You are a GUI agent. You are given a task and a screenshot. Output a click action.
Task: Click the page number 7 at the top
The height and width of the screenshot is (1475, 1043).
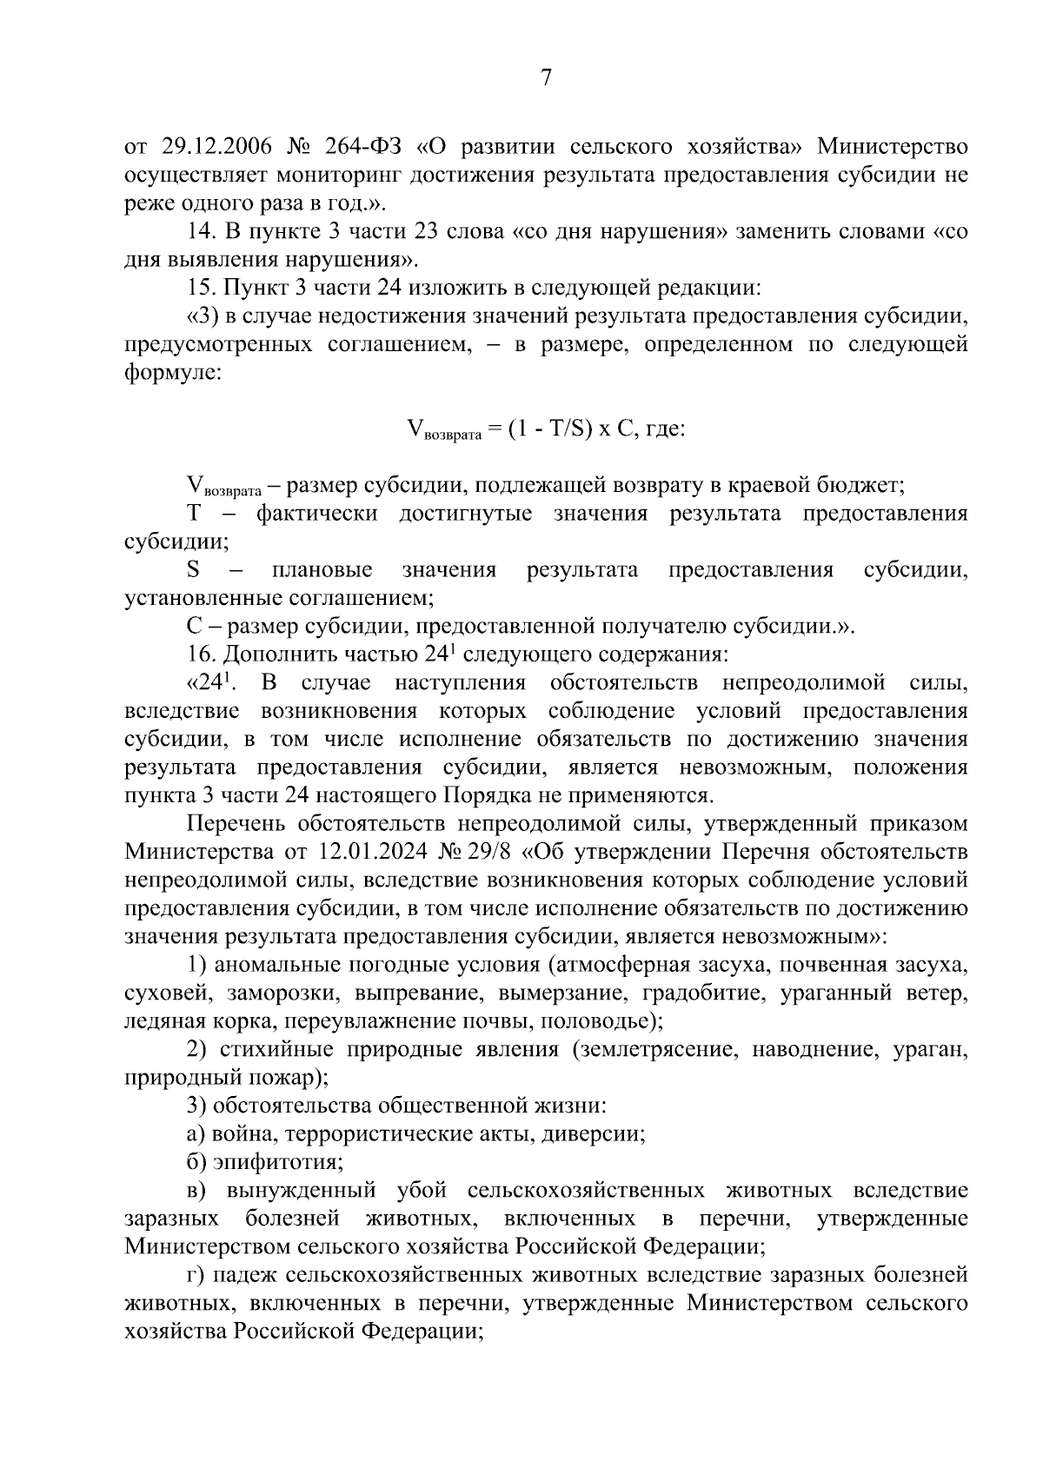[x=546, y=78]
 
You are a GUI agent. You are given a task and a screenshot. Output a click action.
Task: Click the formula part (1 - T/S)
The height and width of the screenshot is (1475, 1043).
[x=550, y=429]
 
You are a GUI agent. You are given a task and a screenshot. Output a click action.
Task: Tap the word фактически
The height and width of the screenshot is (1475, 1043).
[x=316, y=513]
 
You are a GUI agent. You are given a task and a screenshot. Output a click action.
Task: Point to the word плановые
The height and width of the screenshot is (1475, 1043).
[x=322, y=570]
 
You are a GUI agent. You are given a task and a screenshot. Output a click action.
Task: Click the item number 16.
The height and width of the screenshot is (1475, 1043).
[x=200, y=654]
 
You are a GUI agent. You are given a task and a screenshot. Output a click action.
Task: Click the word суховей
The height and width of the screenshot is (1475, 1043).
[x=165, y=993]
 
